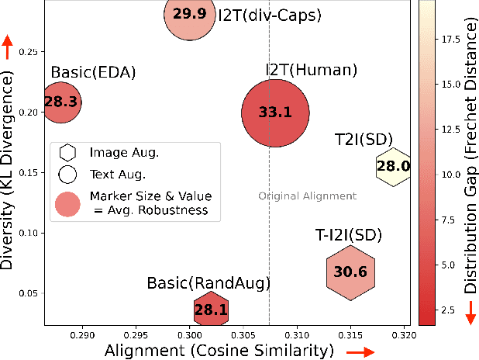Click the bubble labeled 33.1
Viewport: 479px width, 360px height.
click(275, 112)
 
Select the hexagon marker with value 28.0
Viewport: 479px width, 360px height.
click(393, 166)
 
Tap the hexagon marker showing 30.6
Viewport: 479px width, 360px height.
click(350, 272)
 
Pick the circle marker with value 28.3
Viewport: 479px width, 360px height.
click(60, 102)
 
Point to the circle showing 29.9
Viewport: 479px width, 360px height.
click(189, 15)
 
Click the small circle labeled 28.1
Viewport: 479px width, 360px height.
click(212, 310)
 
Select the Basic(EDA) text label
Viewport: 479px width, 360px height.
click(94, 72)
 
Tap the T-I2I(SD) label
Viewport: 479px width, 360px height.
click(348, 234)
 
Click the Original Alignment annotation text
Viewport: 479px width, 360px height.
click(307, 196)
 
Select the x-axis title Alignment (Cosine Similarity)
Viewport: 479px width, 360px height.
click(218, 351)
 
